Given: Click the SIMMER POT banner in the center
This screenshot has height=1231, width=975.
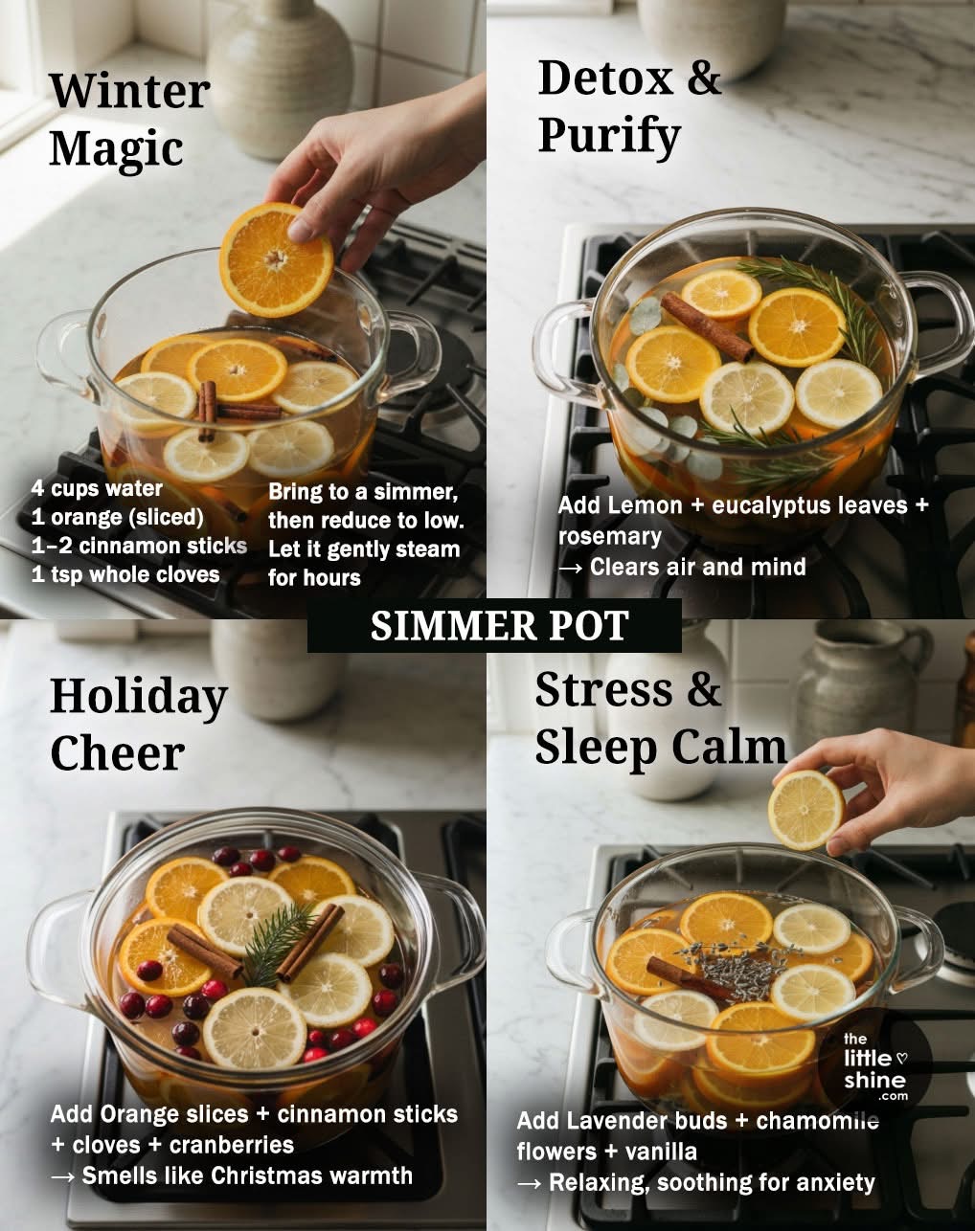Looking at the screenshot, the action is [x=494, y=625].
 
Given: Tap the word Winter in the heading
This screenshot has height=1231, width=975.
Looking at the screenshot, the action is [x=130, y=91].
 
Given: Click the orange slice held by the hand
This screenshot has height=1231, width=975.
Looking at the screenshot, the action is [x=277, y=259].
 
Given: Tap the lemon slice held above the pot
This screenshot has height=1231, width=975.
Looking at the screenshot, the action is [x=805, y=810].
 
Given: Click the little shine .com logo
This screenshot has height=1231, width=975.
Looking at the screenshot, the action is [x=874, y=1067].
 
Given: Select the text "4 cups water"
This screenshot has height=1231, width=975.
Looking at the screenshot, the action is [x=97, y=488].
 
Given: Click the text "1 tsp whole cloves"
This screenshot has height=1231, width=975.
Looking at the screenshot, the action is [x=125, y=574].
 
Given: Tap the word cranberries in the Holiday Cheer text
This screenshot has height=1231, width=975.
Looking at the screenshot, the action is [x=232, y=1145].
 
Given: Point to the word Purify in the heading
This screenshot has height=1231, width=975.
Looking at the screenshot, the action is [x=608, y=136].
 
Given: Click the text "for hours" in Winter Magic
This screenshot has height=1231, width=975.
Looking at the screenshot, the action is [x=314, y=578].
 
